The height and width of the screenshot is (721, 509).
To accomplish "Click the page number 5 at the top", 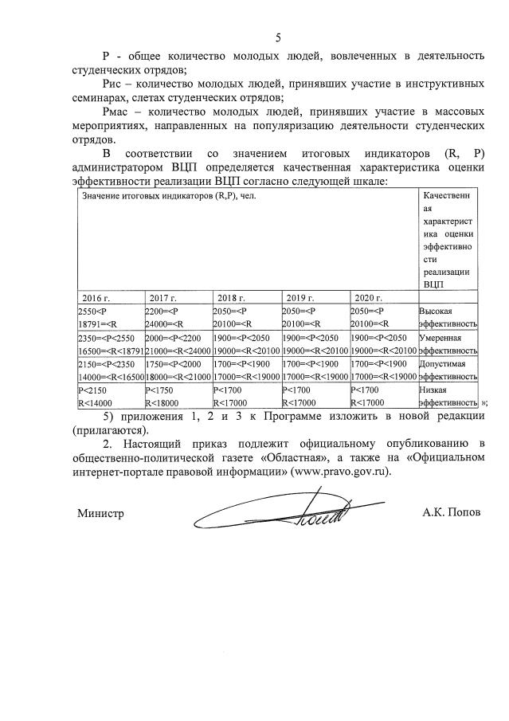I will pos(278,37).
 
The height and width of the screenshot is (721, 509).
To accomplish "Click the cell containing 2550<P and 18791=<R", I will pos(110,317).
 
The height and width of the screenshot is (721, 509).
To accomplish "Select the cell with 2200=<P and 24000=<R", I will pos(177,317).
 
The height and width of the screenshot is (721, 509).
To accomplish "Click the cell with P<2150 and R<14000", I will pos(110,397).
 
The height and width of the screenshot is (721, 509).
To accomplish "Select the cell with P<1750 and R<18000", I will pos(177,397).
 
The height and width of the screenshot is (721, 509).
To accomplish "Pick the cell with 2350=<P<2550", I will pos(110,344).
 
